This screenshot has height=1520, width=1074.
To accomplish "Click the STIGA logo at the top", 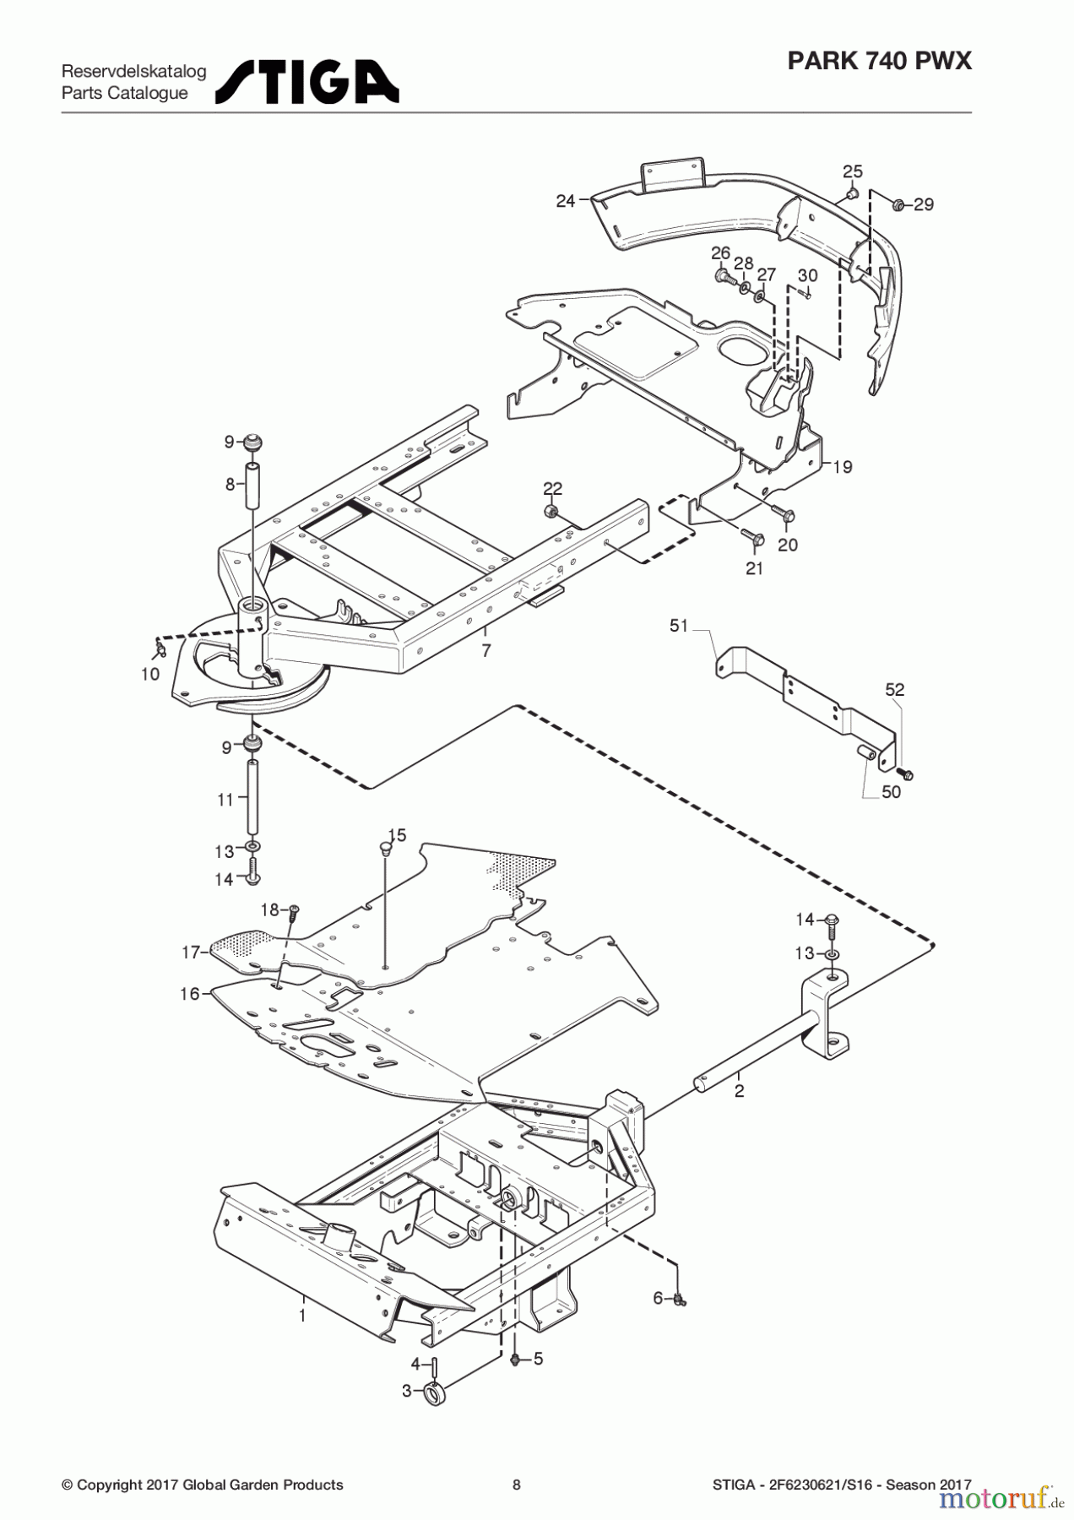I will (307, 82).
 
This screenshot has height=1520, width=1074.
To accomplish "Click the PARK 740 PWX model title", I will (879, 61).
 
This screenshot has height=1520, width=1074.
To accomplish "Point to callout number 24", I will (565, 201).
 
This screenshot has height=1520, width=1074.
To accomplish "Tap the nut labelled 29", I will (899, 204).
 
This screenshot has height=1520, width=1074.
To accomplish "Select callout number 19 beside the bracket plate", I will (842, 467).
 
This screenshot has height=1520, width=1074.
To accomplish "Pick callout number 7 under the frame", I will (486, 651).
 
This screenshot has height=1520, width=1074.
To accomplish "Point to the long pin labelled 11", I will (252, 796).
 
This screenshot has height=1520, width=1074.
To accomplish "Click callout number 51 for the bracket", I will (679, 626).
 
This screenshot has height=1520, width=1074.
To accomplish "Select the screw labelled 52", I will (908, 773).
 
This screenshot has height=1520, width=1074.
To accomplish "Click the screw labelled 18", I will (294, 909).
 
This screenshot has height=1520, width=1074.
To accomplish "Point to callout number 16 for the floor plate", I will (189, 994).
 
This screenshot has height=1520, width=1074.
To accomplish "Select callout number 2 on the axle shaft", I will (740, 1090).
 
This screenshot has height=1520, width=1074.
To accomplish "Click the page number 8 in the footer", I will (517, 1485).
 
